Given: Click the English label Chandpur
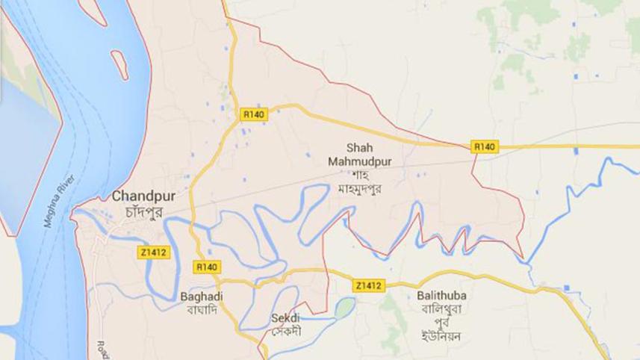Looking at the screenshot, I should coord(139,197).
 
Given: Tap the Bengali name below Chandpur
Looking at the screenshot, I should coord(140,211).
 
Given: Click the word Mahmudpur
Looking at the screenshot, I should coord(359,160).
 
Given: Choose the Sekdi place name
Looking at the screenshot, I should coord(284,317).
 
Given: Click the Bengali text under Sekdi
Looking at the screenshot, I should coord(284,329).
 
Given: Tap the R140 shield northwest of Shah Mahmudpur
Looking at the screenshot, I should coord(253,114).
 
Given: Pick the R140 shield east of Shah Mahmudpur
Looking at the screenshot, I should coord(484,148).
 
